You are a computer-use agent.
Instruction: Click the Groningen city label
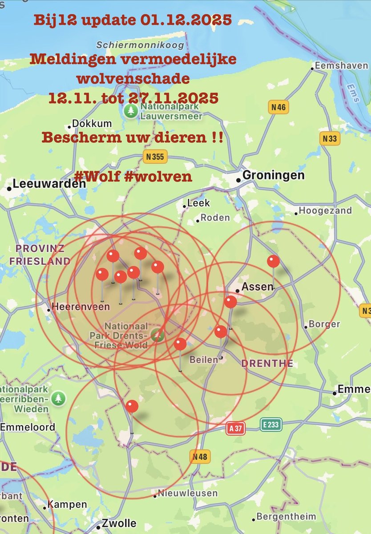(274, 175)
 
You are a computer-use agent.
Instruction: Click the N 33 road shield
(330, 138)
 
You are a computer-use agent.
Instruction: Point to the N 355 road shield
(154, 156)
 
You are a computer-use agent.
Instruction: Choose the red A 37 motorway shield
(236, 428)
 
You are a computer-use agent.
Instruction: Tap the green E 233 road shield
(270, 425)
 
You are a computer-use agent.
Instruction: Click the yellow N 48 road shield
(200, 456)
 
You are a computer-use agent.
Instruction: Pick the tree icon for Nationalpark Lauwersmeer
(131, 111)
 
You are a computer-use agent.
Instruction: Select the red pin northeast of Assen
(273, 262)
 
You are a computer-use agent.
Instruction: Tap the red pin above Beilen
(221, 332)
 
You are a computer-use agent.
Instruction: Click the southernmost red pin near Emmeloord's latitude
(132, 406)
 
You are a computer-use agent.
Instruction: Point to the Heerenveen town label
(73, 307)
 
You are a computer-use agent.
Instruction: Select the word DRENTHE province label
(267, 364)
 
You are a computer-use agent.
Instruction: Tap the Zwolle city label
(119, 523)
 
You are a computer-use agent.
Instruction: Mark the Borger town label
(324, 324)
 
